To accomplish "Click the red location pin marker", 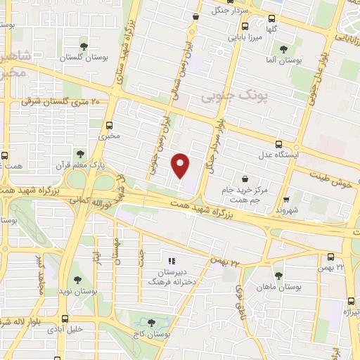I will tap(181, 165).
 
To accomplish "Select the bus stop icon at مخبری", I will tap(108, 126).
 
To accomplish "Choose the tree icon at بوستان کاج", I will tap(151, 323).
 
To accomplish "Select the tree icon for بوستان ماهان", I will tap(279, 275).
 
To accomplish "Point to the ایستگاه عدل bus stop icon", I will tap(280, 144).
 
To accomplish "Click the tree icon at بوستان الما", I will tap(283, 49).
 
